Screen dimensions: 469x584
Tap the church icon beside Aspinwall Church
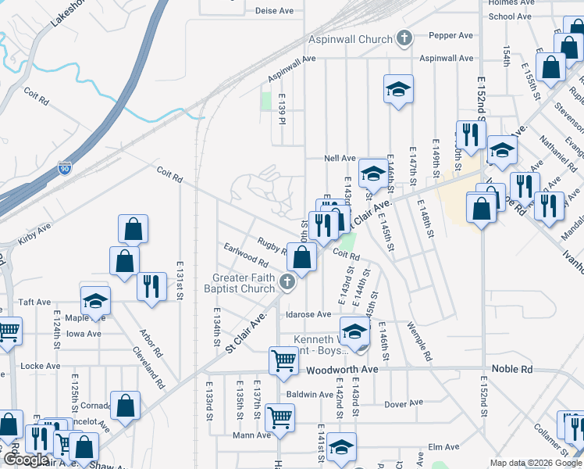point(404,38)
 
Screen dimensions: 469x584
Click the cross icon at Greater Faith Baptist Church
point(287,283)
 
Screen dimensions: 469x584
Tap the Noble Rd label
point(511,369)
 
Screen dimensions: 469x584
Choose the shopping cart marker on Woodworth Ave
point(283,360)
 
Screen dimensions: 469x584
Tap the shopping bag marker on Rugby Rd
point(301,256)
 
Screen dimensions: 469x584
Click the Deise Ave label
point(273,11)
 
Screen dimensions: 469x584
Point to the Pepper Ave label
point(456,36)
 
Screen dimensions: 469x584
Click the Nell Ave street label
point(340,158)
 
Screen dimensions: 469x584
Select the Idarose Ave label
point(308,314)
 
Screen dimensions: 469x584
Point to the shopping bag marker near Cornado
point(125,405)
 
